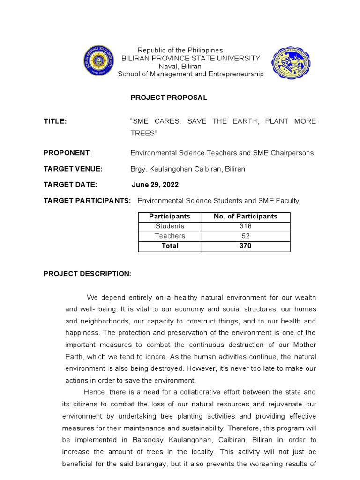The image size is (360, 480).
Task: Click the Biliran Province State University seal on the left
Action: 99,60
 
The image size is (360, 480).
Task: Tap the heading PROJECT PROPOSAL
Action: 168,97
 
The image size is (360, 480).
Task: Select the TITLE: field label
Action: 55,121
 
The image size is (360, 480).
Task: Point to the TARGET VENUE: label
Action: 73,169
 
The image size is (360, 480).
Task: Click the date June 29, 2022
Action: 155,185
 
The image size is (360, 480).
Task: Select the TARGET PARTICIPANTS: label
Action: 87,201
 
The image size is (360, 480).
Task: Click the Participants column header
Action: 170,217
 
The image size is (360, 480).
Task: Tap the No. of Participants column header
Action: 245,217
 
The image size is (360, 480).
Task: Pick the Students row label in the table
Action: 170,226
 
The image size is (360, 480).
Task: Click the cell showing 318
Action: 245,226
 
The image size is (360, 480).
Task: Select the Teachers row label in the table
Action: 170,236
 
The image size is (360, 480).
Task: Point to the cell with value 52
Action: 245,236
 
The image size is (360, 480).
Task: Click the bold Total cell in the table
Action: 170,246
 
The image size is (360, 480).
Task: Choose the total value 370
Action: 245,246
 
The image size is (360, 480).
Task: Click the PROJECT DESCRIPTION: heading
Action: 87,274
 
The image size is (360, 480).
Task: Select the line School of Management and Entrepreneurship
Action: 191,74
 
